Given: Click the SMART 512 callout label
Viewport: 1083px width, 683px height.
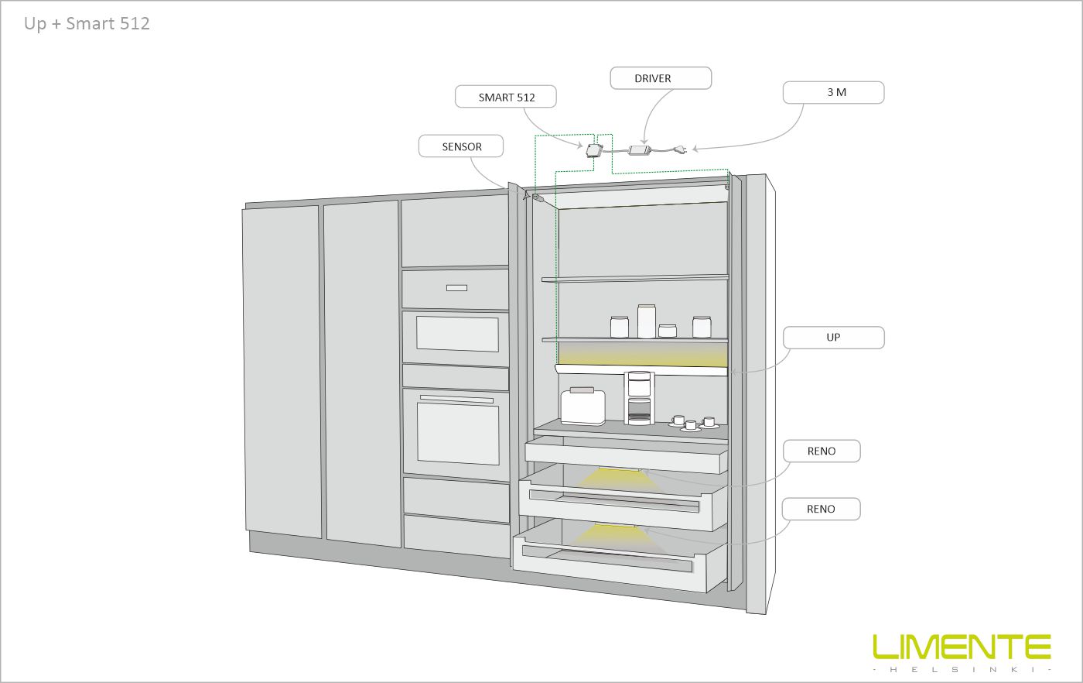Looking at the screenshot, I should [506, 97].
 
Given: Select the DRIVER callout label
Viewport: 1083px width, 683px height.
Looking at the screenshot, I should [660, 78].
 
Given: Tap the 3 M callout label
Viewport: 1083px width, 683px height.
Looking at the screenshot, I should [833, 92].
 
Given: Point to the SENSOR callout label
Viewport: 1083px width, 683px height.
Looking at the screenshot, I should [462, 146].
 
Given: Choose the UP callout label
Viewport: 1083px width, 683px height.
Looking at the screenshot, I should [833, 338].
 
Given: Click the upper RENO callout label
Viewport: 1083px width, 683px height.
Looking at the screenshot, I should [822, 451].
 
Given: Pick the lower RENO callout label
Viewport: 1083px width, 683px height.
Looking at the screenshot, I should [821, 509].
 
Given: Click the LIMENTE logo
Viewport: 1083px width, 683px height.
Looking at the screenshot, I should [962, 646].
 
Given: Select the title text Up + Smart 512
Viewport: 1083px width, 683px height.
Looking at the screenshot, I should [87, 23].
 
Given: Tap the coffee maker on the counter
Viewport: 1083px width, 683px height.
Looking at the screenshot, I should [639, 398].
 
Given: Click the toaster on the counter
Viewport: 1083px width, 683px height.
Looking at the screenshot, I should [582, 406].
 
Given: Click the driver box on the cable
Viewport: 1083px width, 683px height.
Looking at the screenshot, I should [641, 150].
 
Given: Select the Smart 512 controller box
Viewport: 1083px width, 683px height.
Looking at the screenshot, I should [594, 149].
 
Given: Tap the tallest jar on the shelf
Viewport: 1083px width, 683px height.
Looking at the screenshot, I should [647, 321].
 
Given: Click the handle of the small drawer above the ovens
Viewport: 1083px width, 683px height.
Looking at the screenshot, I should [456, 288].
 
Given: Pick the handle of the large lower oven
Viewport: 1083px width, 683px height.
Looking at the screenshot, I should [456, 400].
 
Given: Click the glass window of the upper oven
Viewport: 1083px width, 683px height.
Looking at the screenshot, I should [456, 334].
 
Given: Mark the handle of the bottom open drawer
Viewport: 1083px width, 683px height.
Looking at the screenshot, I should [607, 560].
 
